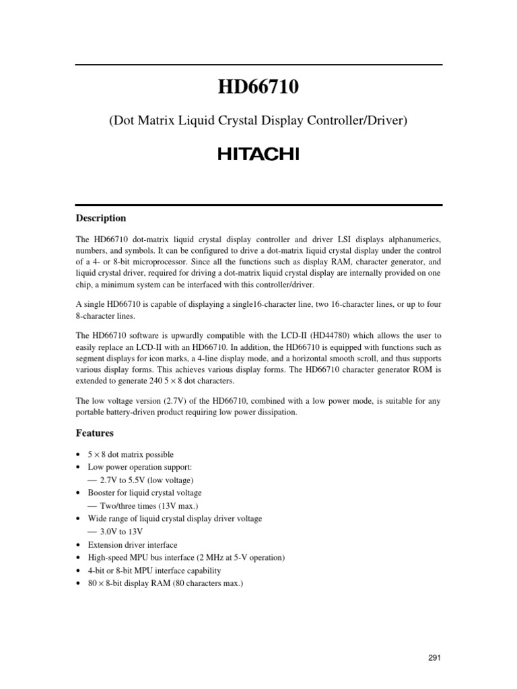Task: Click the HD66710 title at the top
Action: click(258, 87)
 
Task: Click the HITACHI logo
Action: click(258, 155)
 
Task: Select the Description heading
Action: click(100, 218)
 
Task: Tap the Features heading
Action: click(95, 433)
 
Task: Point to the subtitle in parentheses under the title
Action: click(258, 121)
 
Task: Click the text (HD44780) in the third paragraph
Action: click(368, 335)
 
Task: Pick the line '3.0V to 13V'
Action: click(121, 531)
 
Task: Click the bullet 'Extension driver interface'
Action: click(133, 544)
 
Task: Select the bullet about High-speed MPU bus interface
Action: click(186, 557)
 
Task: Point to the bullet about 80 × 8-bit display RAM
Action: click(165, 583)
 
